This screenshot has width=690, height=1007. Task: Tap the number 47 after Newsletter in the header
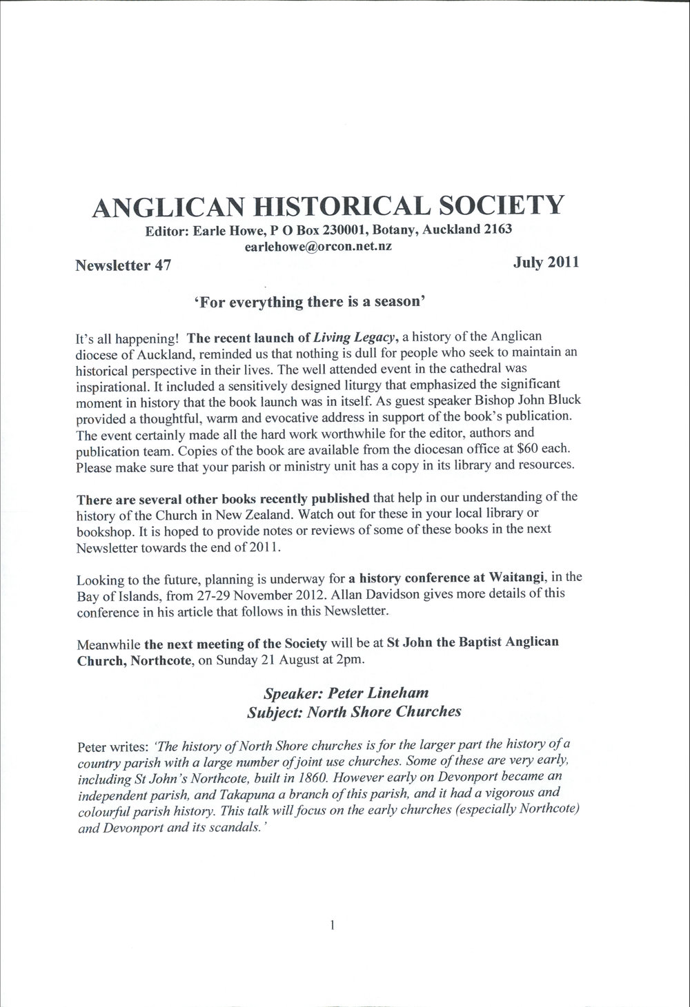[163, 265]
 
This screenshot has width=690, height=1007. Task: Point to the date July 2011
[546, 262]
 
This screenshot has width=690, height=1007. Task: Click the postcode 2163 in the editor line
[497, 229]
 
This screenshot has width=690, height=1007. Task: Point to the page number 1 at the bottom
[333, 926]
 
